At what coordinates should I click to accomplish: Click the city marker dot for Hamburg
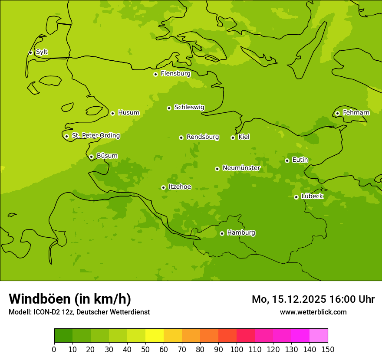pos(222,233)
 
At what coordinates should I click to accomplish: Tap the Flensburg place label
pos(175,74)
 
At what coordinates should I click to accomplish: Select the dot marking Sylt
pos(30,52)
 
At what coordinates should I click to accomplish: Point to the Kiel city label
pos(244,137)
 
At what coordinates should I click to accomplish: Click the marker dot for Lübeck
pos(296,197)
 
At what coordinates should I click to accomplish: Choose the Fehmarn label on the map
pos(356,113)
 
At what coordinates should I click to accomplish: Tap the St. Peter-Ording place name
pos(95,136)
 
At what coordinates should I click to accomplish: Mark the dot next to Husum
pos(112,113)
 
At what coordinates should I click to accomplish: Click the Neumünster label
pos(241,168)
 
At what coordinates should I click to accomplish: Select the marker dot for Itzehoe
pos(163,187)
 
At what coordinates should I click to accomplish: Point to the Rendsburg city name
pos(203,137)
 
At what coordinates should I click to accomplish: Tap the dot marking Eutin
pos(287,160)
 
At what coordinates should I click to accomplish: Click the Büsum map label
pos(107,156)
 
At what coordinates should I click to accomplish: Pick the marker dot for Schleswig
pos(169,108)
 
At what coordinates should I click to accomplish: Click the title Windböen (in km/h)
pos(70,299)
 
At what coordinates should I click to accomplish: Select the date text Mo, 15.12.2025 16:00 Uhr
pos(313,299)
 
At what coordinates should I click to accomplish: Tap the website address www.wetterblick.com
pos(313,312)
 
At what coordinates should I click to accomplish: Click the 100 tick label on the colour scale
pos(237,349)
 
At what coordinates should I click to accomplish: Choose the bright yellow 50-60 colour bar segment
pos(155,336)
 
